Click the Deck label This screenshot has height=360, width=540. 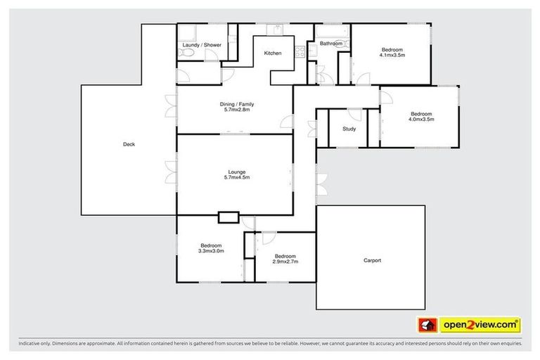coord(129,145)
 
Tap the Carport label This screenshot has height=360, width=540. coord(372,261)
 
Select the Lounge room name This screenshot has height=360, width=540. coord(235,172)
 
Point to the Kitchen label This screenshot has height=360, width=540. coord(273,53)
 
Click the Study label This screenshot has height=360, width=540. coord(349,129)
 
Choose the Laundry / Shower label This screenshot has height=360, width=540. coord(202,45)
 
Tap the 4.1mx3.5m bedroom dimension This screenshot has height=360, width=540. coord(392,54)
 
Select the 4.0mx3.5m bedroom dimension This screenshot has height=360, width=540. coord(421,120)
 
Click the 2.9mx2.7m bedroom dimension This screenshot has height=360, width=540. coord(285,262)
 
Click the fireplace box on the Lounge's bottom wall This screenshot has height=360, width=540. coord(229,217)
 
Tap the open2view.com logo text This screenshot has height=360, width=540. coord(481,325)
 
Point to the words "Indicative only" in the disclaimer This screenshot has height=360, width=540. coord(35,344)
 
